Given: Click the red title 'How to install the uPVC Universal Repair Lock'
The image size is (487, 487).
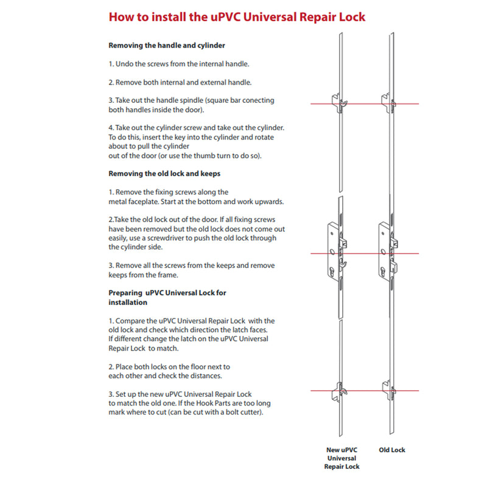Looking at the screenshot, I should click(x=237, y=16).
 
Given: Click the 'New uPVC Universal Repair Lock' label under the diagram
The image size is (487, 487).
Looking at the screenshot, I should click(x=342, y=458).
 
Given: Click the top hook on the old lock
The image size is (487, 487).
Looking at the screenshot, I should click(x=387, y=99).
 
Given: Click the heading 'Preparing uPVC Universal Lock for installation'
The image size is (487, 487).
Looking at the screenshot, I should click(x=167, y=297).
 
